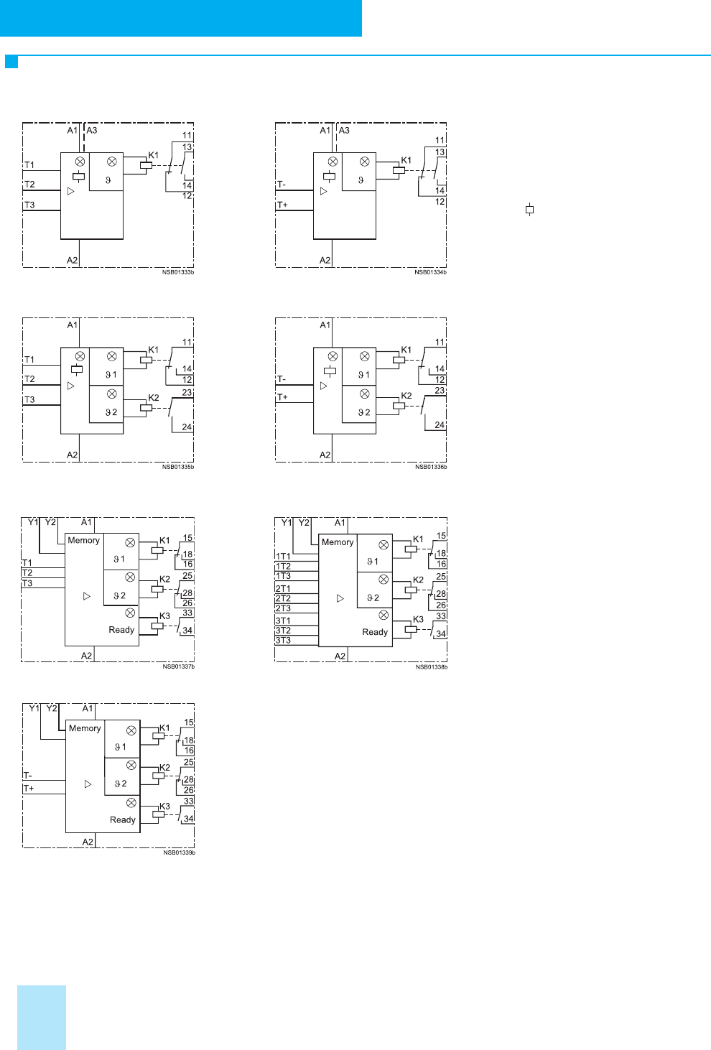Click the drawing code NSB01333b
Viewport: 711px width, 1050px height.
coord(178,272)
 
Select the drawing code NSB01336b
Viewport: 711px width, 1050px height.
coord(431,467)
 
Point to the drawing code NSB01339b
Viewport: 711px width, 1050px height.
coord(179,852)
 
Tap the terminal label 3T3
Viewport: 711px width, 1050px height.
coord(283,641)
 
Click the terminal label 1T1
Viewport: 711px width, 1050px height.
coord(283,557)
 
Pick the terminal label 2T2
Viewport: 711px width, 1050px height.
coord(283,598)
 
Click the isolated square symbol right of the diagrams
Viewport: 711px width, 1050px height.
coord(529,210)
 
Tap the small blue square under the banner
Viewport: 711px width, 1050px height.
coord(11,62)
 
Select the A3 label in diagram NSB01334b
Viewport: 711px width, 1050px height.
coord(344,130)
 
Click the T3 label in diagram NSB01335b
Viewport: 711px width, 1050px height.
coord(29,399)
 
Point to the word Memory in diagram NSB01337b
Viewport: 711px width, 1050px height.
coord(83,540)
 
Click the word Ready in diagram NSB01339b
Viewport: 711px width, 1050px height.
coord(122,820)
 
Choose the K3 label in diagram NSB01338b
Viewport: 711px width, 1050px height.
coord(418,619)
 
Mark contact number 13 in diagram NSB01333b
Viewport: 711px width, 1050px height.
coord(187,147)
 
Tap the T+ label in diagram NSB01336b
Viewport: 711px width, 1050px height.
coord(282,397)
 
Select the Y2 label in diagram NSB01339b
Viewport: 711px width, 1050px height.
coord(52,708)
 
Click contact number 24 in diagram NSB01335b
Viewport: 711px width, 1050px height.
coord(187,427)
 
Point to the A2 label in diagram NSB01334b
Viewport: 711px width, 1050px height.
coord(325,260)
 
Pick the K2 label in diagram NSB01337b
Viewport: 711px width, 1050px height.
coord(164,580)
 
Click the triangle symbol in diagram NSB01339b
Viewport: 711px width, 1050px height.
coord(88,784)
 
